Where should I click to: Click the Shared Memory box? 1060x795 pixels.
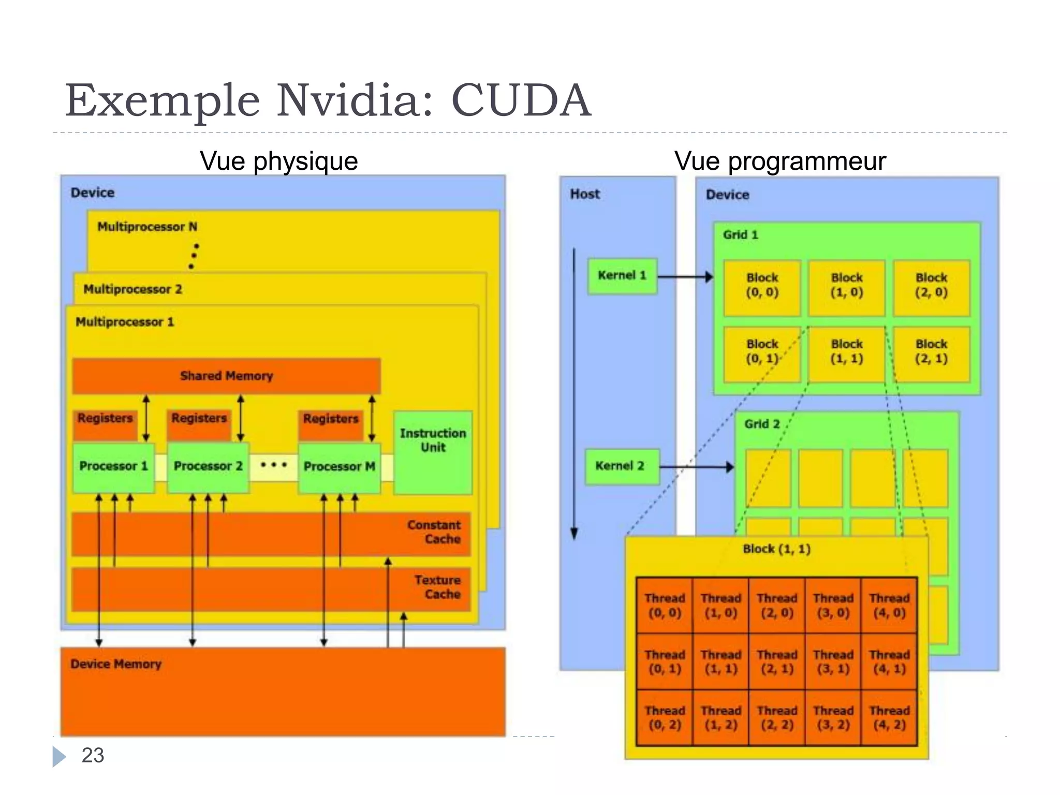[226, 376]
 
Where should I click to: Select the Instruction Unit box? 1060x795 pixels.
[433, 452]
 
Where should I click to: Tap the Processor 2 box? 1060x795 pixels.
[208, 466]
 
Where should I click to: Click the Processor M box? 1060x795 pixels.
[339, 467]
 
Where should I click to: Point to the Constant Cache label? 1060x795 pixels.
[434, 532]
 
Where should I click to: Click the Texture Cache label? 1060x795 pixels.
[437, 587]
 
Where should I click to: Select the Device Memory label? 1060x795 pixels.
[116, 664]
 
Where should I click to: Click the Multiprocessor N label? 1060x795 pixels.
[147, 227]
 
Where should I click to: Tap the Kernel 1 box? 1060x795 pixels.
[622, 276]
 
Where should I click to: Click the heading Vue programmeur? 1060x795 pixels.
[780, 161]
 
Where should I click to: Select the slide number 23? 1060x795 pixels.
[93, 755]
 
